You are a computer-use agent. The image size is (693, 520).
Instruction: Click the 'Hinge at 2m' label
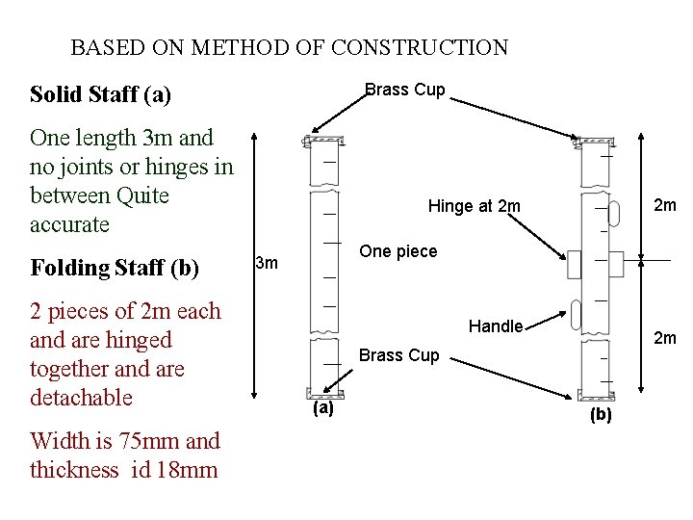pos(474,206)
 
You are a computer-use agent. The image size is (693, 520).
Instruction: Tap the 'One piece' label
pos(398,251)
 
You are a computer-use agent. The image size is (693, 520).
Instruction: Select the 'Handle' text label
pos(496,326)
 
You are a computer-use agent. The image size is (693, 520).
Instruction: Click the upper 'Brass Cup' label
pos(404,90)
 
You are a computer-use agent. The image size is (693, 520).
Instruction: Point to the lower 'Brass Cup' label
pos(398,355)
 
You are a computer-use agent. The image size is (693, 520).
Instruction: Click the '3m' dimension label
pos(267,263)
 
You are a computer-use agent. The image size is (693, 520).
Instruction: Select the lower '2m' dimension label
pos(664,337)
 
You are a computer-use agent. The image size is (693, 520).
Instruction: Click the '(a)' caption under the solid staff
pos(322,408)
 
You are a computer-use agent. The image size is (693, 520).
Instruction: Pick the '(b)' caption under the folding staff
pos(601,415)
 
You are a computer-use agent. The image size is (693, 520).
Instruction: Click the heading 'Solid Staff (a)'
pos(100,94)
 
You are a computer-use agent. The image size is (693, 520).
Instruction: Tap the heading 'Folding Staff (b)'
pos(115,267)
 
